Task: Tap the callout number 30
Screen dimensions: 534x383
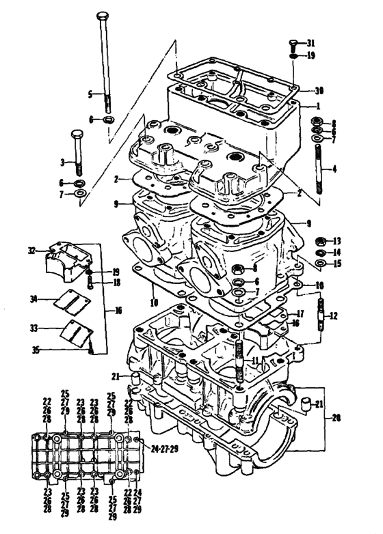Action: [x=319, y=91]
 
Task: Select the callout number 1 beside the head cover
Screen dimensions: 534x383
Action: [x=319, y=107]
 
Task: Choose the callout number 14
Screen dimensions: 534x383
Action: [x=336, y=253]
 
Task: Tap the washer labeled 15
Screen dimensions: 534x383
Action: [x=321, y=263]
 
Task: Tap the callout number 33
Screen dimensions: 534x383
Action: [x=34, y=328]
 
